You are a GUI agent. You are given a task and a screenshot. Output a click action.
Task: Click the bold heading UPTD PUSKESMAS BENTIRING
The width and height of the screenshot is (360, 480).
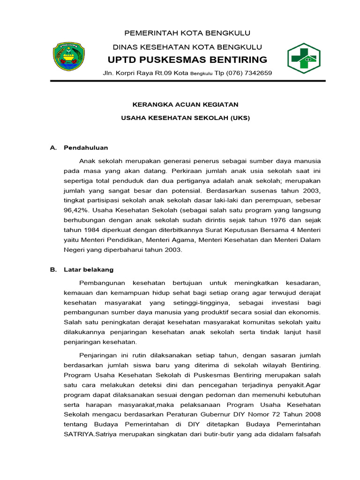point(187,60)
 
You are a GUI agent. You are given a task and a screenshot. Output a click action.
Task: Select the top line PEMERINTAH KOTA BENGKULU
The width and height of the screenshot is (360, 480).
point(187,32)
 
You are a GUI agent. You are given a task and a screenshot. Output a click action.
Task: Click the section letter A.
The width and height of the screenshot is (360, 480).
point(53,148)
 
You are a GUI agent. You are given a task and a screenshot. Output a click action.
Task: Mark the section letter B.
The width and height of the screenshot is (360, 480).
point(53,270)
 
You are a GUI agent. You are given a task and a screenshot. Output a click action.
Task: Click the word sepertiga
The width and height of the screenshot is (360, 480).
point(78,182)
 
